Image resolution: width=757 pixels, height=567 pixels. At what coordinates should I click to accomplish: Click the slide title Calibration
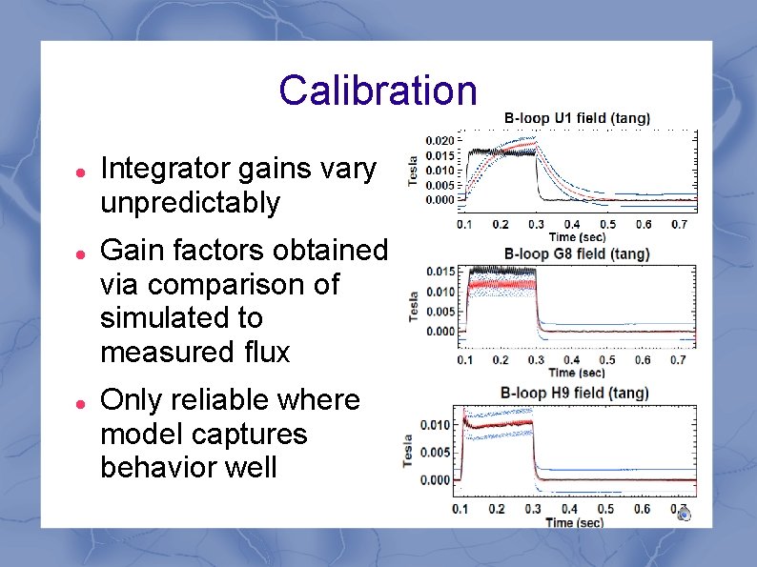tap(378, 91)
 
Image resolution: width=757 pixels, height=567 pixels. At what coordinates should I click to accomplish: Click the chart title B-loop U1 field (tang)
tap(577, 118)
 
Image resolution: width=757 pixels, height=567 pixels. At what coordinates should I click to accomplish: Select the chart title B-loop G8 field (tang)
tap(577, 254)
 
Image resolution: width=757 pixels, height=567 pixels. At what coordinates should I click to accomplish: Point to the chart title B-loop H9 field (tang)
tap(576, 393)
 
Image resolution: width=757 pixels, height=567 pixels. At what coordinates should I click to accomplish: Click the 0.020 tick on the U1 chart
tap(440, 140)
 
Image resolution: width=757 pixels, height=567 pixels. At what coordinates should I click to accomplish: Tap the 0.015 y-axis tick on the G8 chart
tap(440, 273)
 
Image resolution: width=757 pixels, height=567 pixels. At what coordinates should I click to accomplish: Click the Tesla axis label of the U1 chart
tap(413, 171)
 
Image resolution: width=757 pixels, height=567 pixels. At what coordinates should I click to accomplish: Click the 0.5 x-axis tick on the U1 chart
tap(606, 225)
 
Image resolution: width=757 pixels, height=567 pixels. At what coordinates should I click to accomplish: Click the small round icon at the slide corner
tap(683, 515)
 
